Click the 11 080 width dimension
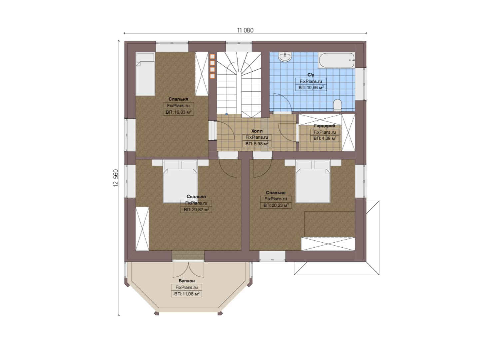pos(245,30)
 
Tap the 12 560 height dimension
pos(116,178)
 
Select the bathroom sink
pos(285,57)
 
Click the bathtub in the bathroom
pos(336,60)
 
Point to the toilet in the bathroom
pos(337,105)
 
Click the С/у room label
pos(311,75)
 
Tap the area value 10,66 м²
pos(311,88)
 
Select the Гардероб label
pos(325,126)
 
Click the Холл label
pos(257,131)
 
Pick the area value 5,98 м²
pos(257,144)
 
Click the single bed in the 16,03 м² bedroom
pos(145,74)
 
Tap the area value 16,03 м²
pos(179,112)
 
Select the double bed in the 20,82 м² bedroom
pos(180,181)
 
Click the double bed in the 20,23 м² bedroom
pos(313,181)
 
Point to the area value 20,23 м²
pos(276,206)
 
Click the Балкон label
pos(187,281)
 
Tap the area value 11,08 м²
pos(187,294)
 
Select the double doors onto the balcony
pos(189,269)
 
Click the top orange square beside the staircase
pos(213,56)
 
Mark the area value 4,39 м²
pos(325,139)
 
